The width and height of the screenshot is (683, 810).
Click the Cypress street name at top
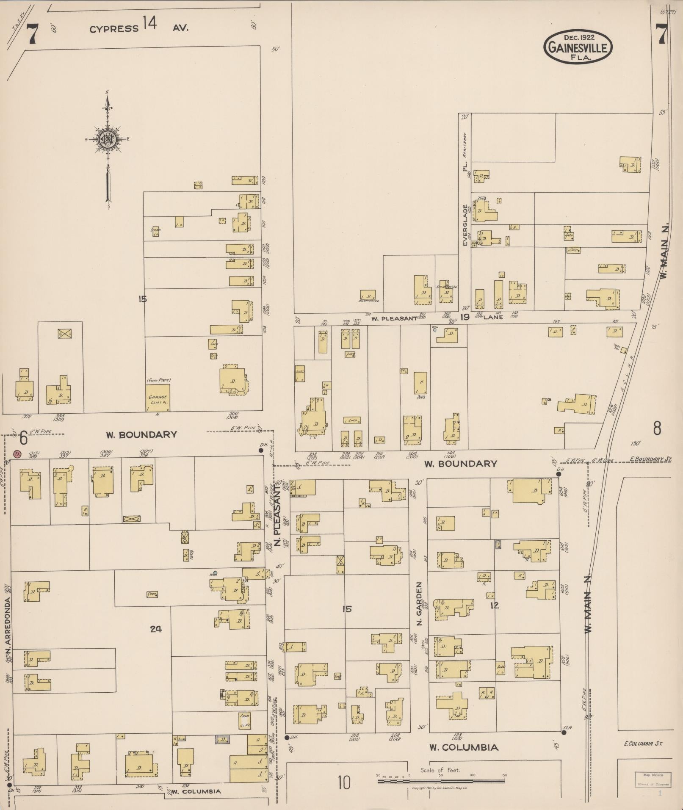114,29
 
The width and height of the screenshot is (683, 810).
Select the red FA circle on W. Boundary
17,453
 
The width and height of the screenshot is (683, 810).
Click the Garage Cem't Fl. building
158,398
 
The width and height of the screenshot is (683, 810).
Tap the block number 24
156,629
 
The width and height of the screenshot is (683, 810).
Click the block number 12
495,606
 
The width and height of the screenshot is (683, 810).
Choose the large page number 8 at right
657,428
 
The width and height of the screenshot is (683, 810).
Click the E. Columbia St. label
643,743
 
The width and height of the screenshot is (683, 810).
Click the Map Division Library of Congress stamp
653,779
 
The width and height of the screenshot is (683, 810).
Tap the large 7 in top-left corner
32,35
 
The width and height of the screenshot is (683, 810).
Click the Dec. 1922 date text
578,38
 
